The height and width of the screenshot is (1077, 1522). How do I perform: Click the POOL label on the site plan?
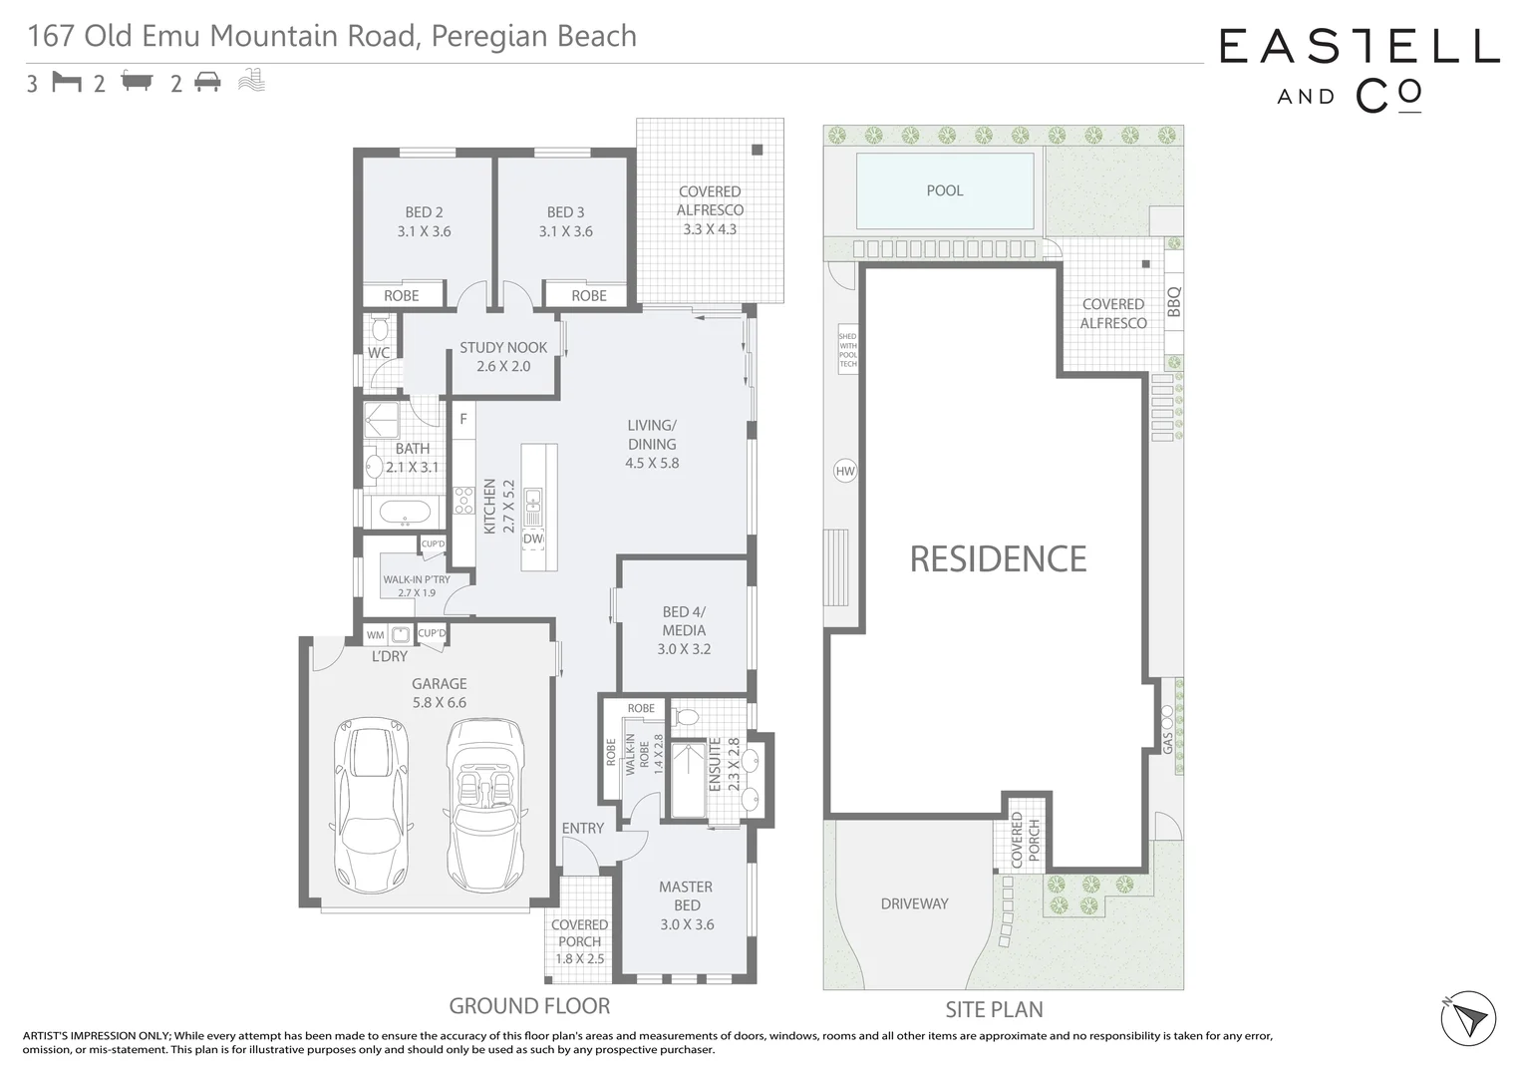[944, 190]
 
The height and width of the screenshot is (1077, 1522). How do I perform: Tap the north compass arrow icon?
[1468, 1019]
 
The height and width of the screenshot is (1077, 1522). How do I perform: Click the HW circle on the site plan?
[844, 472]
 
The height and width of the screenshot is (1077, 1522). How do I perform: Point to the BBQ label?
[1173, 302]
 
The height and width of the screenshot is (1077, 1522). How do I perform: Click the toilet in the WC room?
[380, 328]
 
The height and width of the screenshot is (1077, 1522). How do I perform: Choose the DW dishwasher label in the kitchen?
[533, 538]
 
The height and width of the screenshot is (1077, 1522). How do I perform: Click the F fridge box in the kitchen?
[463, 419]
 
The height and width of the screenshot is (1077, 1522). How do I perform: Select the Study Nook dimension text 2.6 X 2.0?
[503, 366]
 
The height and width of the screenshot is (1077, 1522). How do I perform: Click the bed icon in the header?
[67, 82]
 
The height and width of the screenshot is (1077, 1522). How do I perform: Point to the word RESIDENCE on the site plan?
[998, 559]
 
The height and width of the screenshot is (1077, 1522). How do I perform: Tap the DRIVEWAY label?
[914, 903]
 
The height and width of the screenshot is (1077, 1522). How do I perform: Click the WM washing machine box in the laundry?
[376, 635]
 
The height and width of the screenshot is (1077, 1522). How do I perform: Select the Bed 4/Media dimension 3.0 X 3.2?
[684, 649]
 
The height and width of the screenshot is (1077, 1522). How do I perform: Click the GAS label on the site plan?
[1168, 742]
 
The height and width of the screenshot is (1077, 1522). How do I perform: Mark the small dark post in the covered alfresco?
[757, 151]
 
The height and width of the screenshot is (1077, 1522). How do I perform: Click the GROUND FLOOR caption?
[529, 1006]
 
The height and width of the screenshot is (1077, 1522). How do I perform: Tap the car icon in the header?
[207, 82]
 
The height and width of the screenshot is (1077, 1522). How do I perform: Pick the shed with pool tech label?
[847, 350]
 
